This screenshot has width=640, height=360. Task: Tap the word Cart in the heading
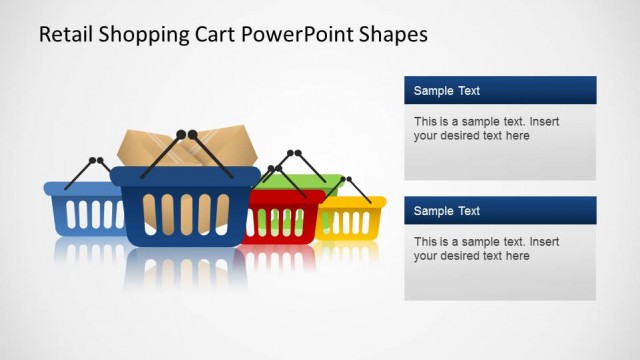pyautogui.click(x=214, y=34)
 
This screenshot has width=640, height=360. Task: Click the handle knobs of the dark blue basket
pyautogui.click(x=186, y=133)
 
